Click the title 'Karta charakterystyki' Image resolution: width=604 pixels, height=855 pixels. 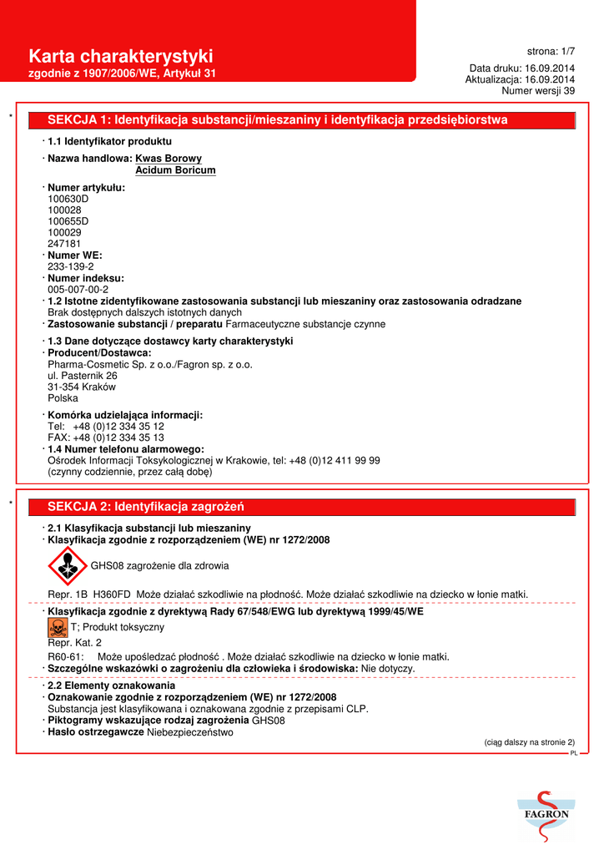[121, 56]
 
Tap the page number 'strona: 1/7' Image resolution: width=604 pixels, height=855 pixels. [551, 51]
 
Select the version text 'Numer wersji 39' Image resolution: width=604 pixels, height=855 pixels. [538, 90]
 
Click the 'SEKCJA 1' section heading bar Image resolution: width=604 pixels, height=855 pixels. [301, 120]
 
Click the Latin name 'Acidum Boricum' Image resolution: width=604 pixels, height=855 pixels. [175, 170]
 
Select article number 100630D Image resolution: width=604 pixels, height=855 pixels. [68, 200]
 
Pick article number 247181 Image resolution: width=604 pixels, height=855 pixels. [64, 243]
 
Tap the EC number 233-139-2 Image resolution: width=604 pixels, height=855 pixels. [71, 266]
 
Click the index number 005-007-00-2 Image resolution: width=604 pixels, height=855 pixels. [78, 289]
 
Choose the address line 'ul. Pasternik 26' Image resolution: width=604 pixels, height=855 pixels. [83, 376]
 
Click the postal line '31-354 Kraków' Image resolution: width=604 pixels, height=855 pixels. [82, 387]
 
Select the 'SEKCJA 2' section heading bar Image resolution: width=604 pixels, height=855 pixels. [301, 507]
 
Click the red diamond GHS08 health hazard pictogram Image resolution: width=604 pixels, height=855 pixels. [66, 566]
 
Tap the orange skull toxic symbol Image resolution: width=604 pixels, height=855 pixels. [58, 627]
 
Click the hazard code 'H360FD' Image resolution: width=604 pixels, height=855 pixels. [113, 594]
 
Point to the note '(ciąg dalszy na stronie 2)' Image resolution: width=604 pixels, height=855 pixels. [530, 742]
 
